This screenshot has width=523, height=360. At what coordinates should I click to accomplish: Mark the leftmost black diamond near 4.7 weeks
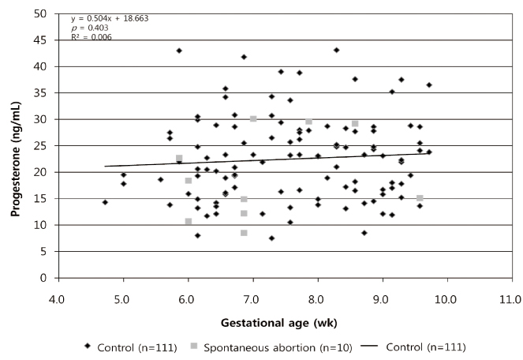coord(104,202)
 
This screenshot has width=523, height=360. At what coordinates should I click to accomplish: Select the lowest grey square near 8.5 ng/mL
coord(244,233)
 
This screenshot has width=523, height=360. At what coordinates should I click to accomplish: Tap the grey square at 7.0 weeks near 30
coord(253,118)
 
